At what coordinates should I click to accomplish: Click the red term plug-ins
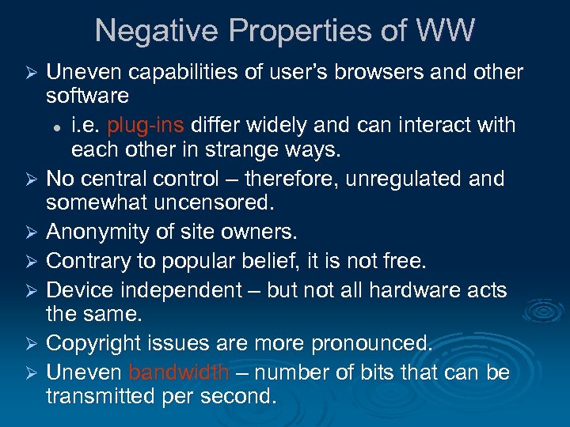pyautogui.click(x=145, y=125)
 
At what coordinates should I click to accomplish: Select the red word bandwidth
pyautogui.click(x=179, y=372)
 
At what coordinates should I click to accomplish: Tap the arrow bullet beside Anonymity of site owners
pyautogui.click(x=32, y=233)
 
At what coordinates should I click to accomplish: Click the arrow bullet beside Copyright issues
pyautogui.click(x=32, y=344)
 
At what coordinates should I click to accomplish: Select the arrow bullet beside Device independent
pyautogui.click(x=32, y=290)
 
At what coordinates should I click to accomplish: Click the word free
pyautogui.click(x=408, y=261)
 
